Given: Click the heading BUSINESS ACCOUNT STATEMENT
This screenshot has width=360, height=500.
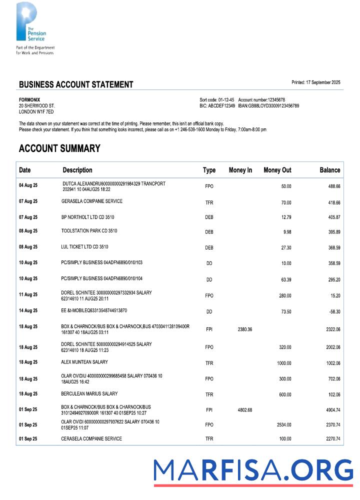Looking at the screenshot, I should [76, 84].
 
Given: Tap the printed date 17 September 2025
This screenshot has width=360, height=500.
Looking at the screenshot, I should [323, 82].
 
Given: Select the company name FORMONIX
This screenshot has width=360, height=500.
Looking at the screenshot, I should [29, 100].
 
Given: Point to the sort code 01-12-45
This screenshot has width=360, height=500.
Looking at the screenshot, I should [225, 100].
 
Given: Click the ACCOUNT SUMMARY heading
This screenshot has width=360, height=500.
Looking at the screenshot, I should [59, 148].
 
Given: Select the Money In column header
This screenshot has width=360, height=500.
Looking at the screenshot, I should [240, 170].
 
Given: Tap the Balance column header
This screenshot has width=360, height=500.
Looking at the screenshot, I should [329, 170].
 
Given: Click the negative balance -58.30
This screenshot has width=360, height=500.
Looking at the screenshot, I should [333, 311].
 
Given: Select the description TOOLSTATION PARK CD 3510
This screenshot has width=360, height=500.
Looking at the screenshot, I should [89, 231].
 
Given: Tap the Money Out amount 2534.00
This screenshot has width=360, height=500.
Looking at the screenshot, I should [283, 425].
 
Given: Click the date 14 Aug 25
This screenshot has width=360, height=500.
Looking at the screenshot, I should [28, 310].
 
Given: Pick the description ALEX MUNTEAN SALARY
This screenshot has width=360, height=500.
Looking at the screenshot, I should [84, 362].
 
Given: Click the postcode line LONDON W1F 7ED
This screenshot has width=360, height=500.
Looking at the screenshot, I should [36, 112].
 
